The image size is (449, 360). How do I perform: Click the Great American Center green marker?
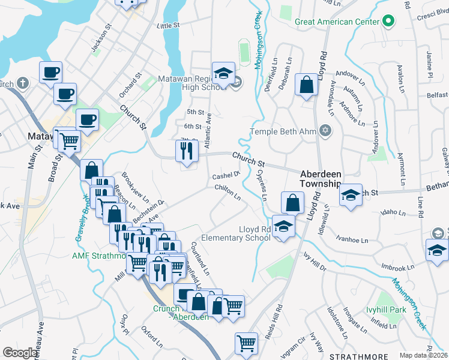[x=388, y=22]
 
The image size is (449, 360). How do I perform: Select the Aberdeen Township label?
[x=321, y=178]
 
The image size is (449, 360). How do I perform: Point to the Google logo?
[x=20, y=353]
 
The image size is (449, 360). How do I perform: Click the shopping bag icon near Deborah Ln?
[x=307, y=86]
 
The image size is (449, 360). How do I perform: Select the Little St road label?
[x=168, y=26]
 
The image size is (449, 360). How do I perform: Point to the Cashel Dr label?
[x=226, y=175]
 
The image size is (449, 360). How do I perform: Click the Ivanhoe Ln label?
[x=351, y=240]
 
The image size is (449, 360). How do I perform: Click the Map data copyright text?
[x=424, y=355]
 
